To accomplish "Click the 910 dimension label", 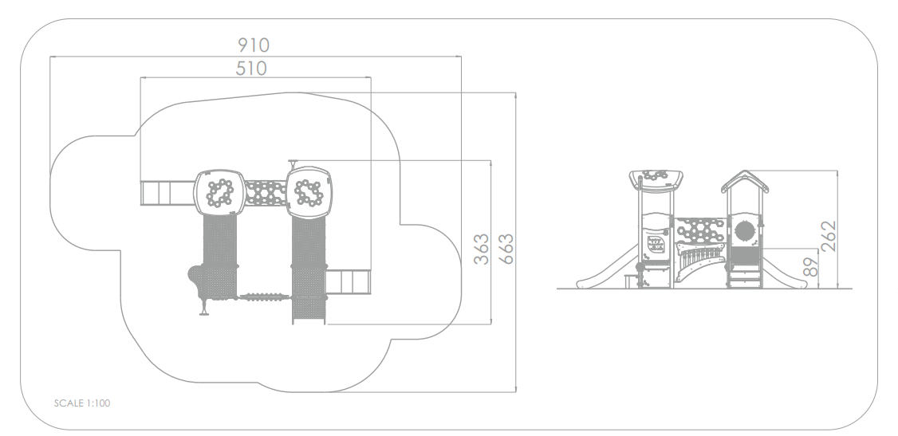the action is tap(253, 45).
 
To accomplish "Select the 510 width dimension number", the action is tap(251, 69).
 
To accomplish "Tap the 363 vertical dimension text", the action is tap(482, 249).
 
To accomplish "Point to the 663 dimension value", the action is tap(506, 249).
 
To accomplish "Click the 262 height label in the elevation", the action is tap(828, 236).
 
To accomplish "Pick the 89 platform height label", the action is tap(809, 267).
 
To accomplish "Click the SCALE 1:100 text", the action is tap(82, 403).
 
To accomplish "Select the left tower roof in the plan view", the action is tap(220, 192).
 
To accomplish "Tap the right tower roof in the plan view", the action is tap(309, 192).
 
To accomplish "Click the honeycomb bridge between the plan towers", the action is tap(266, 192).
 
